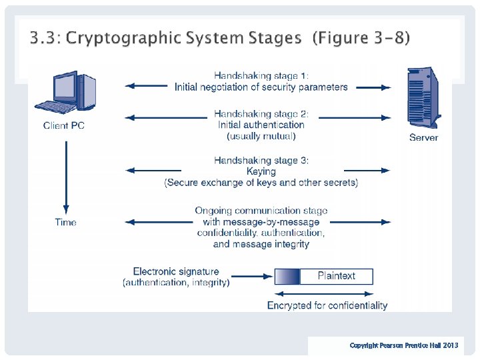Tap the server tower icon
[424, 98]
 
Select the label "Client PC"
[64, 126]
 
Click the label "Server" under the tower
[424, 138]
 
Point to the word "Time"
[65, 223]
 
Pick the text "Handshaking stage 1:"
[261, 76]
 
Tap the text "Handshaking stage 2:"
[261, 114]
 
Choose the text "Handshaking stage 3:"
[261, 161]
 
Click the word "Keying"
[261, 171]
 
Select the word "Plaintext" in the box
[336, 276]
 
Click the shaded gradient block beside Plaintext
[287, 276]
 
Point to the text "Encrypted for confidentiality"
[327, 305]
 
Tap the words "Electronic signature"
[176, 271]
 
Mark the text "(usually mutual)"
[261, 136]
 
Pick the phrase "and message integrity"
[261, 244]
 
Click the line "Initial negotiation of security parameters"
[261, 87]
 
